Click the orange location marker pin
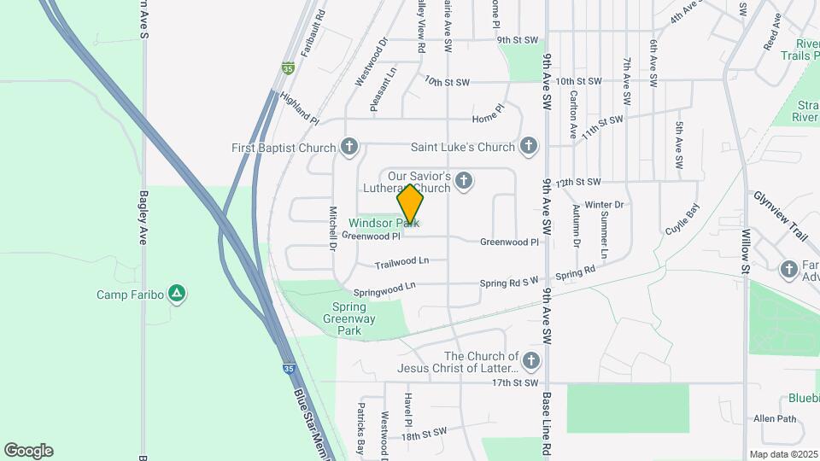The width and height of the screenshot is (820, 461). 411,205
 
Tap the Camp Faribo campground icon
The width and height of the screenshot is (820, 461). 177,295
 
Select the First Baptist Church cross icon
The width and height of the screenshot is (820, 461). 348,147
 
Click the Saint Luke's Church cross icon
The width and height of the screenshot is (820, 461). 530,147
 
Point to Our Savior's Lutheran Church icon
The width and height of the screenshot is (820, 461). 464,180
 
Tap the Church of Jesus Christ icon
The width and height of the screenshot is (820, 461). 532,361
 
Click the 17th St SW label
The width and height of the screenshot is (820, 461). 515,382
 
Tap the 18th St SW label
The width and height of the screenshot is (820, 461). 425,434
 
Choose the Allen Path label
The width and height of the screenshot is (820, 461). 775,418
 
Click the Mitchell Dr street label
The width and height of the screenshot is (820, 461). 332,228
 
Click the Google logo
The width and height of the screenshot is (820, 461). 28,451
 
